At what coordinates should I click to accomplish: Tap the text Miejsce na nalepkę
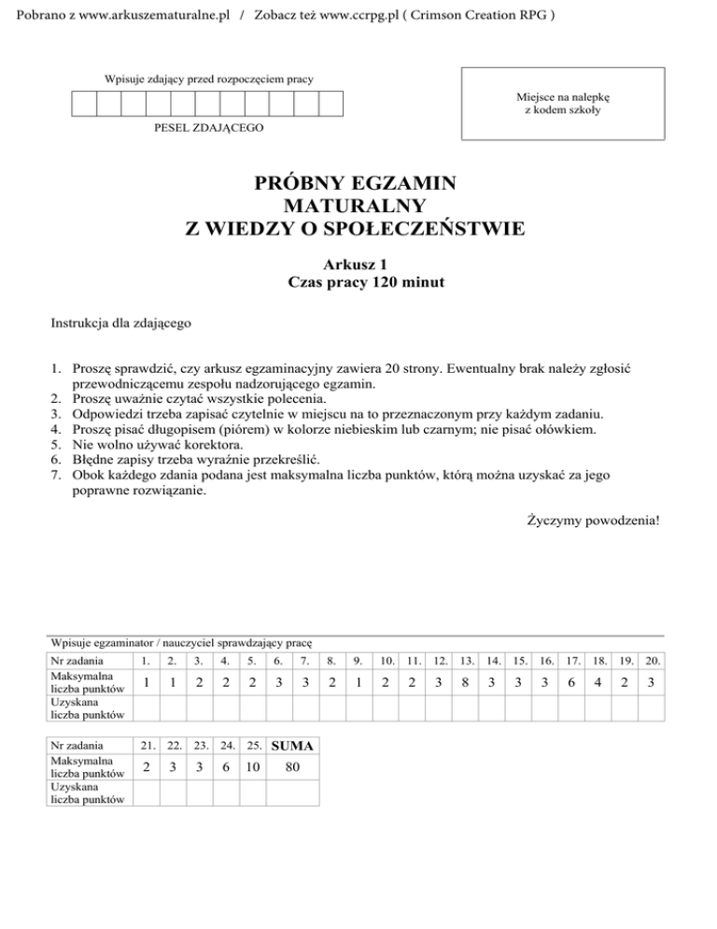pos(563,96)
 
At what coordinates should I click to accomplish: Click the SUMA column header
pos(292,746)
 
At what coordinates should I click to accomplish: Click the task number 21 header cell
pos(147,746)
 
